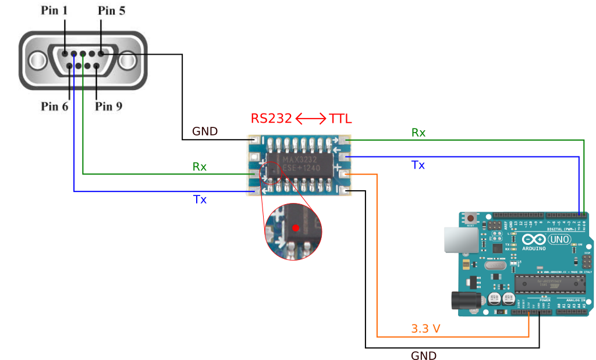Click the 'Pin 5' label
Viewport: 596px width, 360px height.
coord(111,10)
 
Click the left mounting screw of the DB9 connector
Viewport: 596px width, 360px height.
coord(36,60)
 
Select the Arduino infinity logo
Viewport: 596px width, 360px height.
coord(534,239)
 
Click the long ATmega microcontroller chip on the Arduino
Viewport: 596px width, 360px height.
coord(549,283)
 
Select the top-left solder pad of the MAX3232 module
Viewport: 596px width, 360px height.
coord(253,140)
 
